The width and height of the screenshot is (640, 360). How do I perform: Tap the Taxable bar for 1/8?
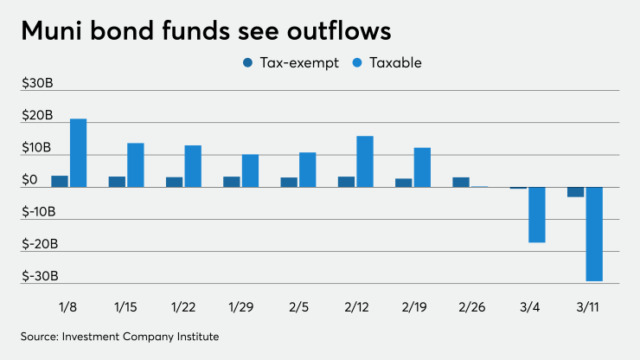[79, 153]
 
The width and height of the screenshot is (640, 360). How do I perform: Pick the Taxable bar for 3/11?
[594, 234]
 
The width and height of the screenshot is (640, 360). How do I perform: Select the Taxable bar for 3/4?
[537, 215]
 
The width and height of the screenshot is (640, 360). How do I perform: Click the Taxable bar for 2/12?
[365, 162]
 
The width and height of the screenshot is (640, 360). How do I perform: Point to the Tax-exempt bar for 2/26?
[461, 183]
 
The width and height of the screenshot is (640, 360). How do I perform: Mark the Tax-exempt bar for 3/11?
[575, 192]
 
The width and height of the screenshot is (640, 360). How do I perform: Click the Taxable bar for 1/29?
[250, 170]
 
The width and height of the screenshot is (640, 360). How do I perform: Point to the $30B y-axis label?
[37, 83]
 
